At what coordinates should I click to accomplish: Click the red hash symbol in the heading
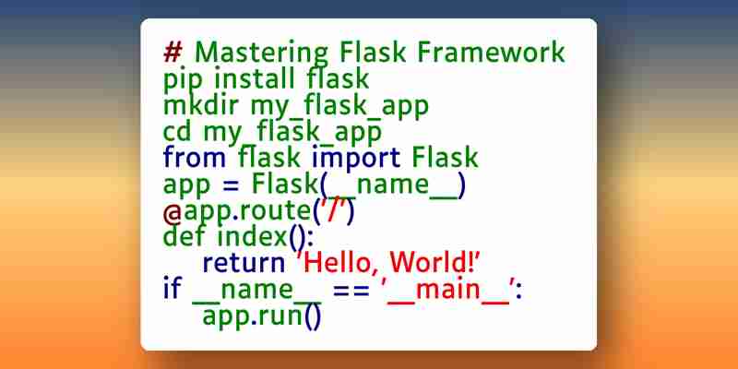(173, 52)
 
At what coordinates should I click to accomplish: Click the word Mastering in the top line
(261, 53)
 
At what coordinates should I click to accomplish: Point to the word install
(255, 78)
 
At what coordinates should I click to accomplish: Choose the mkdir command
(200, 104)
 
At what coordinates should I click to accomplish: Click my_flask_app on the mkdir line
(339, 107)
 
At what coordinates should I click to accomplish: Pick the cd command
(177, 131)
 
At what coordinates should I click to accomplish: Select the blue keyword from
(195, 157)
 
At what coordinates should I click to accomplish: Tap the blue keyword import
(356, 159)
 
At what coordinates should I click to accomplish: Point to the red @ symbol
(173, 213)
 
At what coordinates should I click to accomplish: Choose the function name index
(252, 236)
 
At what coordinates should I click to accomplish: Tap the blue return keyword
(244, 263)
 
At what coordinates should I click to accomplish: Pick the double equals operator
(351, 290)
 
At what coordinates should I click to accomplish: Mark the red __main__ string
(448, 291)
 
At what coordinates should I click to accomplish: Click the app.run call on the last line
(262, 316)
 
